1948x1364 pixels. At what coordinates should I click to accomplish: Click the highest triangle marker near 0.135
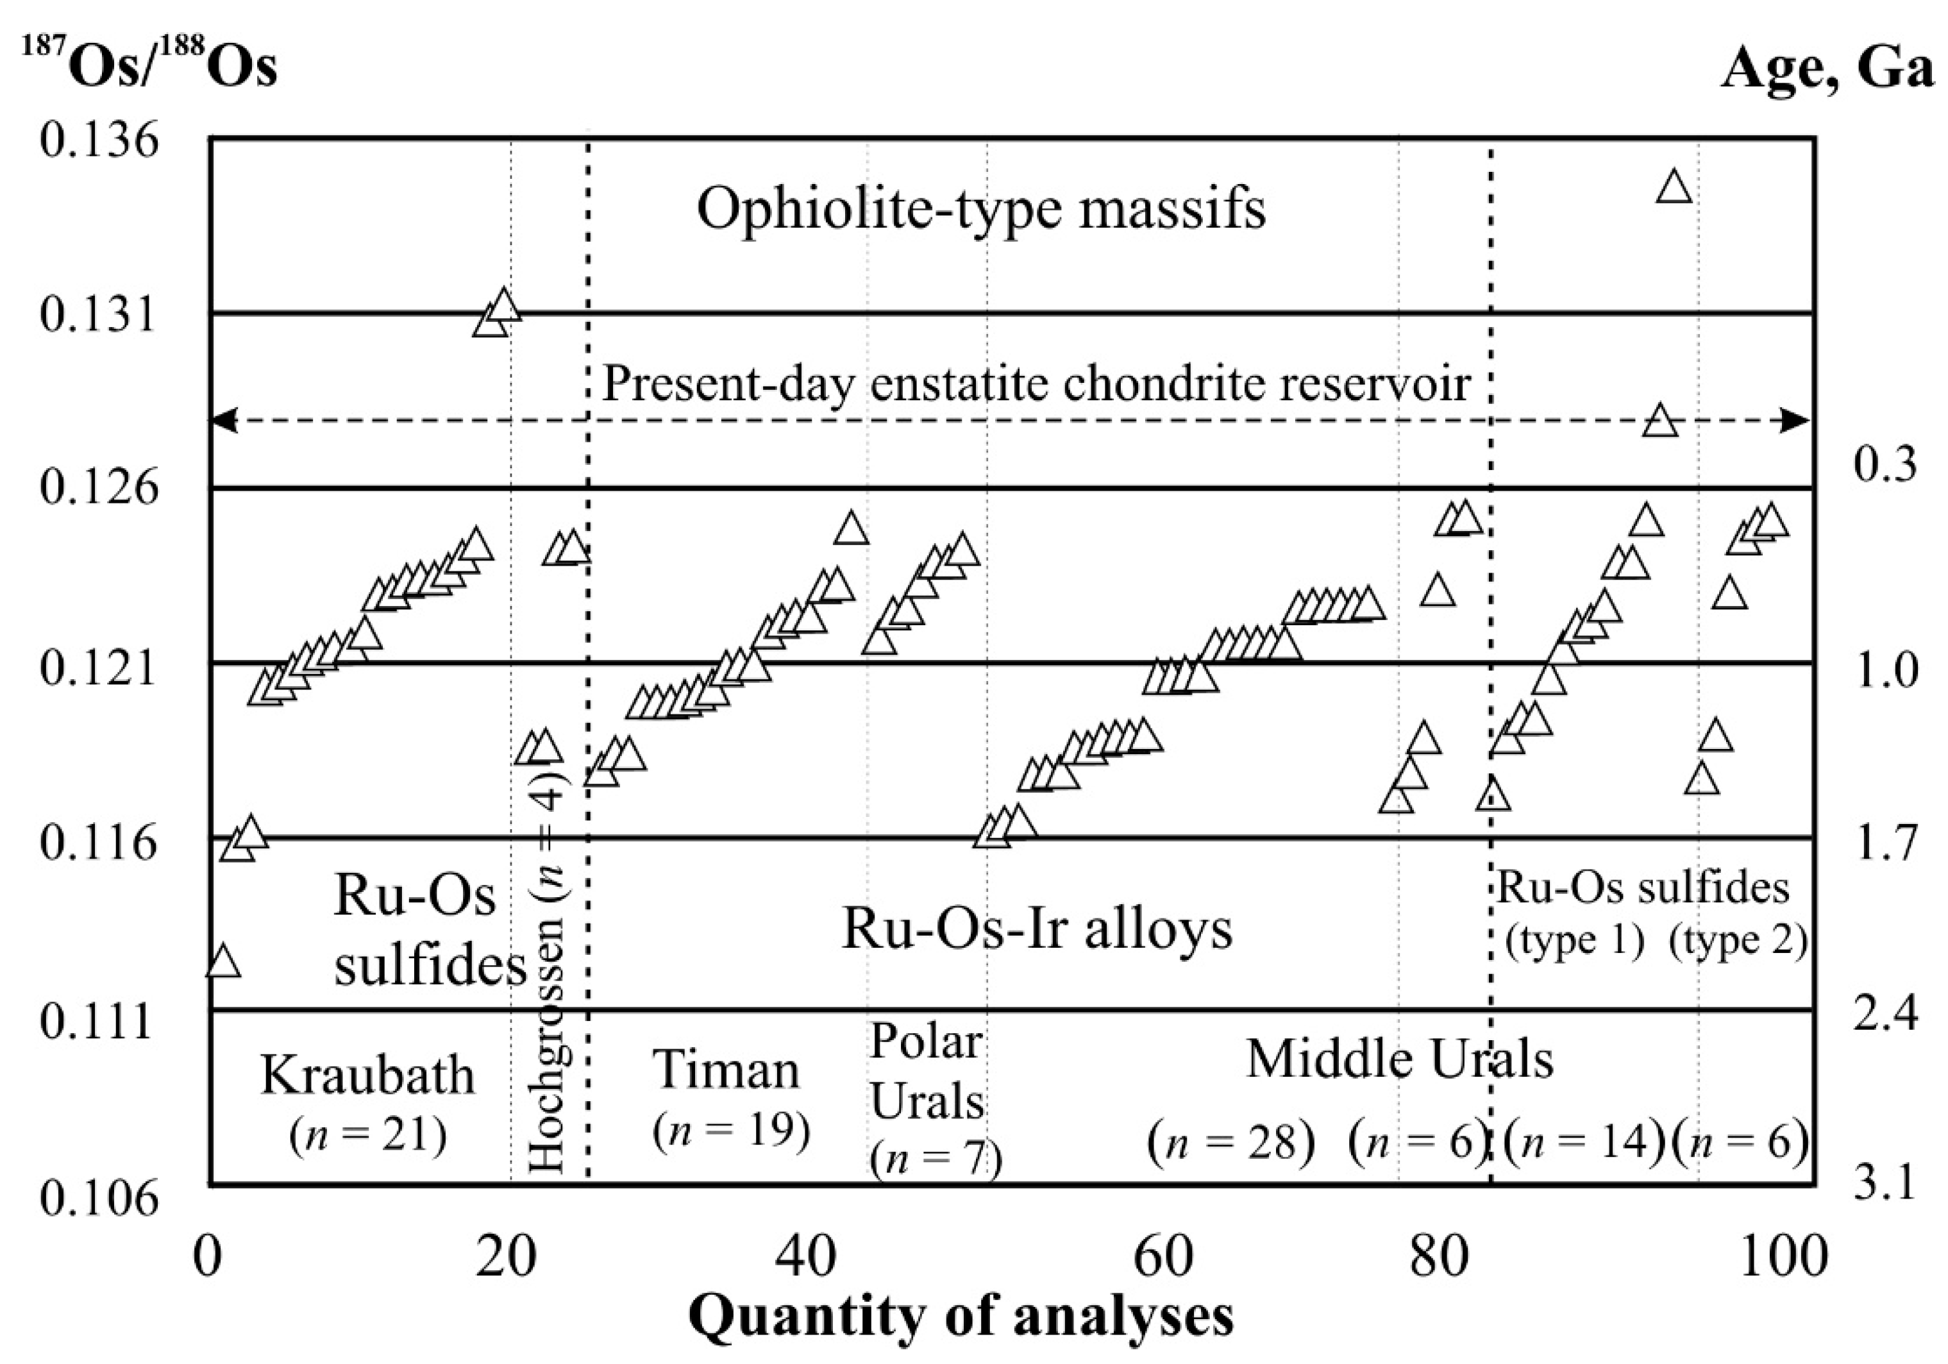point(1674,187)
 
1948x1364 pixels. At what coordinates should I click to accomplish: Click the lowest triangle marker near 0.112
point(223,961)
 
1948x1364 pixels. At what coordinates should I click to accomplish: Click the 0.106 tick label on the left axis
point(98,1199)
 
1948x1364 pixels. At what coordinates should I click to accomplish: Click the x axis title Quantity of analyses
point(961,1317)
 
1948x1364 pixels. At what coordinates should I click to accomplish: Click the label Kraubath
point(367,1075)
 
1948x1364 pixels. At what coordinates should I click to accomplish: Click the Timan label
point(726,1070)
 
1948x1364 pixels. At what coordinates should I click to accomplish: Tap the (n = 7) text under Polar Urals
point(936,1159)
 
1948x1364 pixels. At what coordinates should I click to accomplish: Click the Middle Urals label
point(1399,1059)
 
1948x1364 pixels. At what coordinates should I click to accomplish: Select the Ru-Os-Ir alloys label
point(1037,928)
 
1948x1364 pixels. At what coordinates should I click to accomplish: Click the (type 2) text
point(1738,941)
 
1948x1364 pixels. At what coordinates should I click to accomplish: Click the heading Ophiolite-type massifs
point(981,208)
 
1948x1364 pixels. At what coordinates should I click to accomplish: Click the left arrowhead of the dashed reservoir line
point(223,420)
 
